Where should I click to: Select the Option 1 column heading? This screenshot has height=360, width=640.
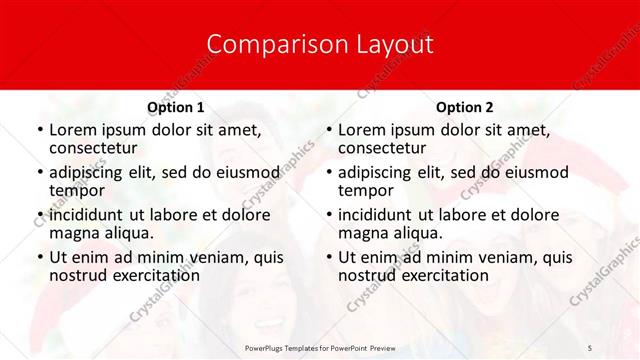point(175,107)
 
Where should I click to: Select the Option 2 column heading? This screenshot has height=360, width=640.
point(464,107)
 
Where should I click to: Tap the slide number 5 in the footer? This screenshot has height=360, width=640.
point(589,347)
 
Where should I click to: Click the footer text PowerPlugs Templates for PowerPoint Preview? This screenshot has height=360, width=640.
point(319,347)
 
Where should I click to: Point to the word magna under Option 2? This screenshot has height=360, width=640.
point(361,233)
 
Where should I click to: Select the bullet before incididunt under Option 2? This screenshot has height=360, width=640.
point(328,216)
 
